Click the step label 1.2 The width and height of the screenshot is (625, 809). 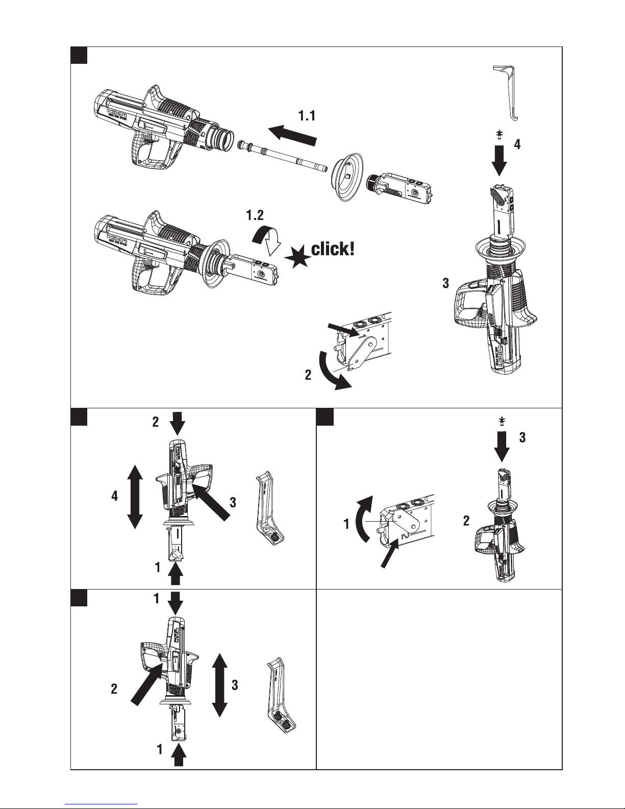[x=255, y=216]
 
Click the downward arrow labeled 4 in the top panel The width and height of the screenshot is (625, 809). [x=501, y=159]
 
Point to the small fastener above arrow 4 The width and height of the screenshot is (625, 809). [x=500, y=135]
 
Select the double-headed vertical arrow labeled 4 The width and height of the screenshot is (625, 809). [x=134, y=496]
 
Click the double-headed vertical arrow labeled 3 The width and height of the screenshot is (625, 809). [x=219, y=684]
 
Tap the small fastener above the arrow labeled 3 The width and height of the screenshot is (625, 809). [x=502, y=421]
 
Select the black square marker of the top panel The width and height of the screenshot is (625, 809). [x=79, y=55]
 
